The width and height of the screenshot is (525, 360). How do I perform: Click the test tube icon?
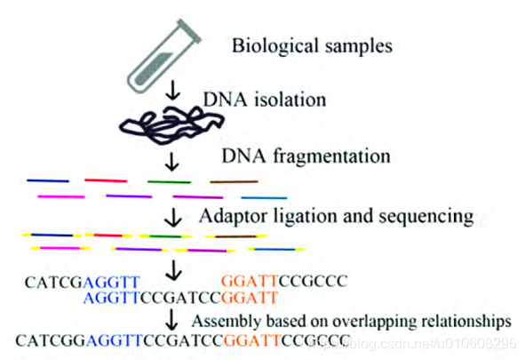pos(163,57)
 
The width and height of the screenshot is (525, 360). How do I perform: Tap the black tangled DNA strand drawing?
pos(171,125)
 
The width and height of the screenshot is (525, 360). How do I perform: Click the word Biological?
pos(274,46)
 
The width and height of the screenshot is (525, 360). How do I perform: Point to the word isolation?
pos(290,100)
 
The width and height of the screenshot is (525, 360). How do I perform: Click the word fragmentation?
pos(331,156)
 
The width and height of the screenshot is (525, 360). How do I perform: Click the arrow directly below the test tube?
pos(172,91)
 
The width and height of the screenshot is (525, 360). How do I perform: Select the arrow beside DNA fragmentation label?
pos(172,162)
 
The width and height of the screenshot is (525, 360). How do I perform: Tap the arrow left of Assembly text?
pos(171,319)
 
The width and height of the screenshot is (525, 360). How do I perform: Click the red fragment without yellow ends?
pos(106,180)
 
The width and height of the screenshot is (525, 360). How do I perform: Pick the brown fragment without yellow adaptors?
pos(234,182)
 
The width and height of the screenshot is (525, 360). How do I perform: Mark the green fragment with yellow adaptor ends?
pos(165,236)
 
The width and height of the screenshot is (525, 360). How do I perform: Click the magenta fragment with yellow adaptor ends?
pos(60,248)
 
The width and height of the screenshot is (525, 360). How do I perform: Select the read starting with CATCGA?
pos(83,283)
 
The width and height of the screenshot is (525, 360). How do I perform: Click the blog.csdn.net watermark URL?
pos(413,344)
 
